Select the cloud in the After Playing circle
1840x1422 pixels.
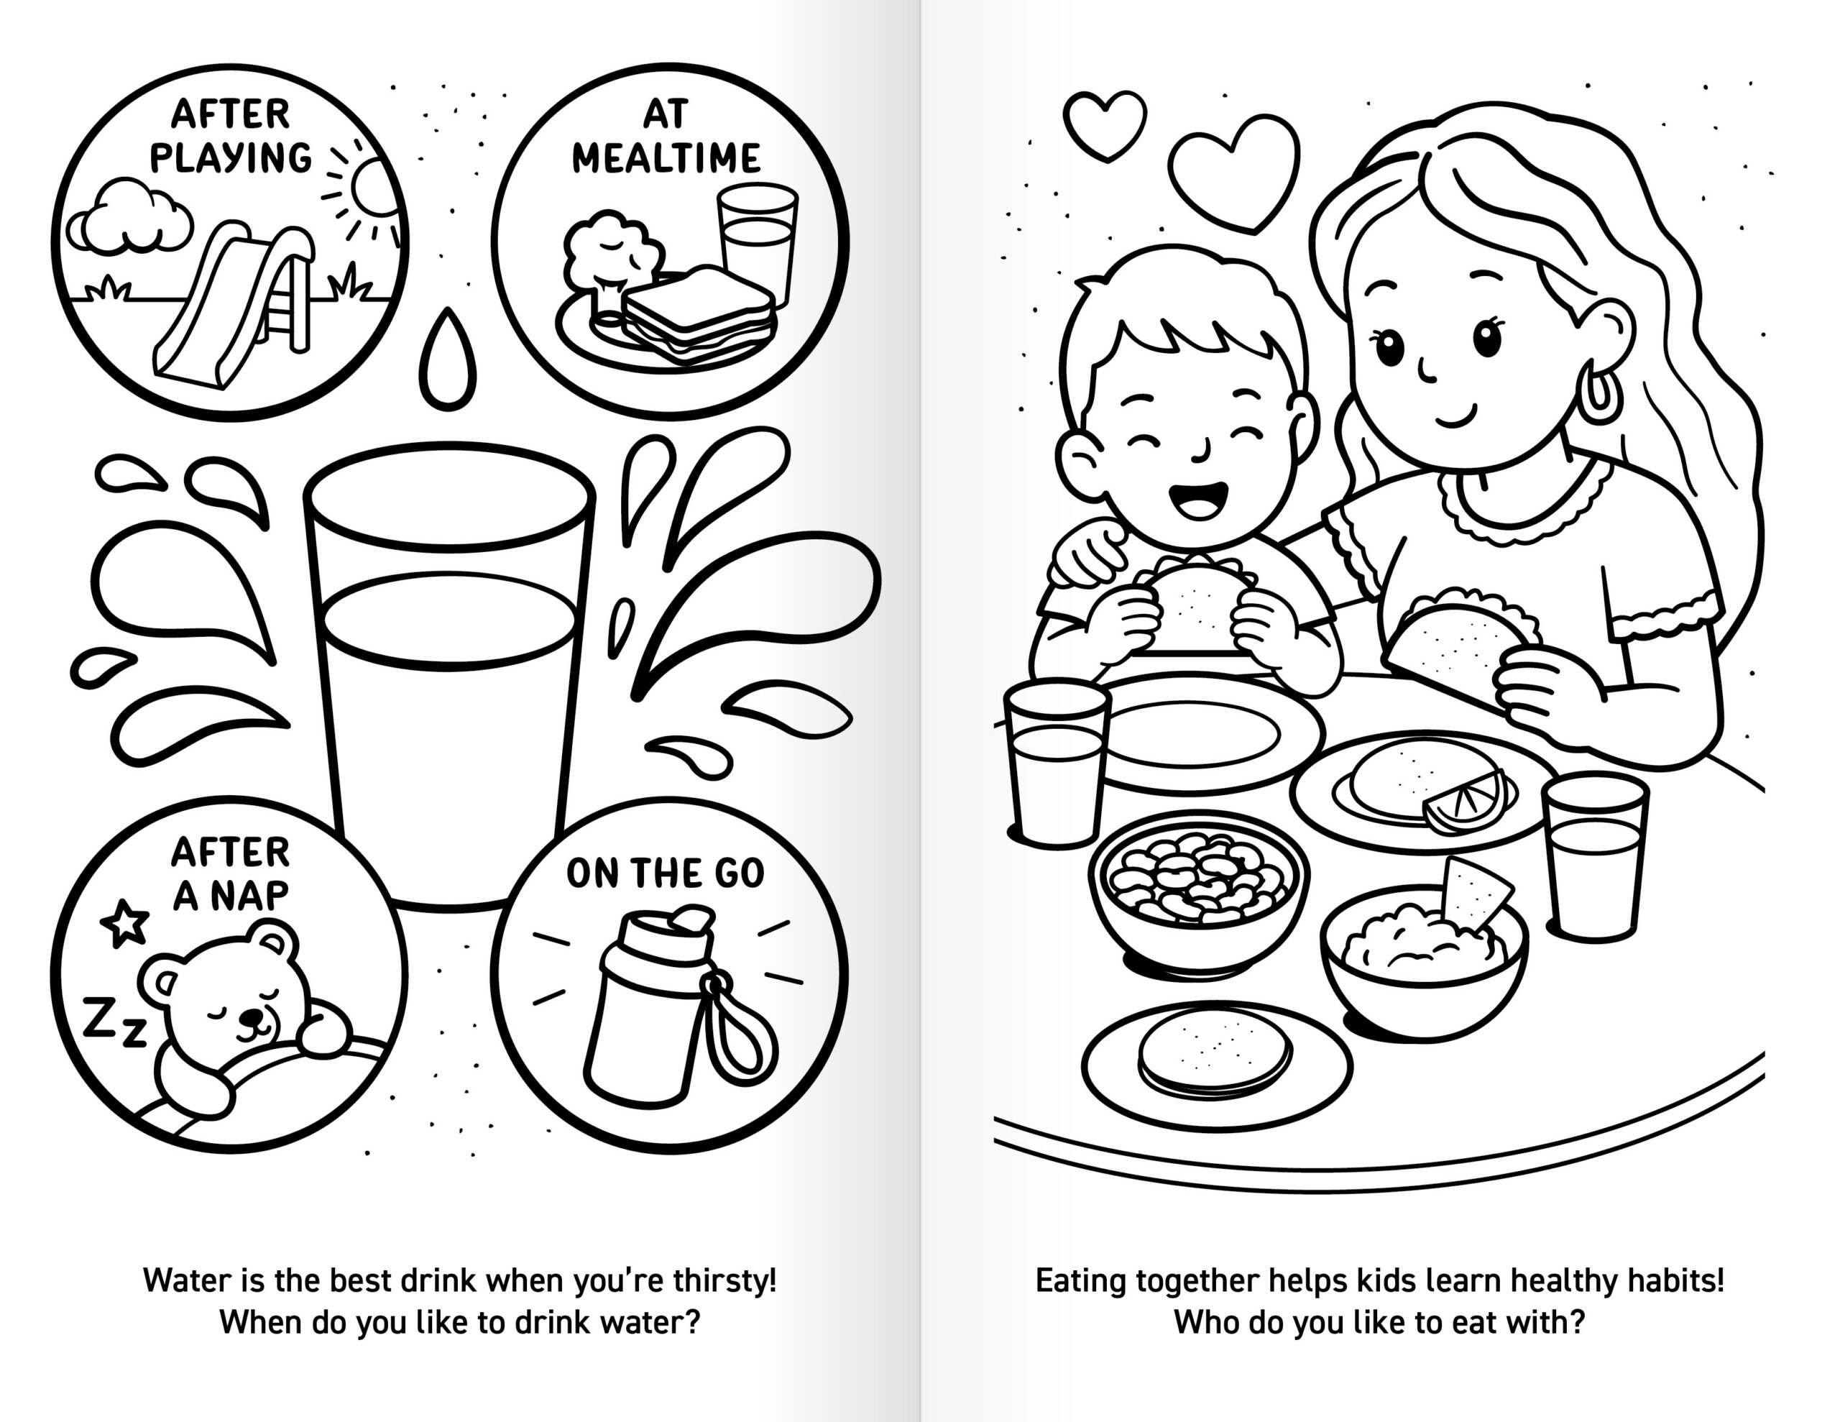pos(128,216)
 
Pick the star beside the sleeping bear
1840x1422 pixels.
pos(124,922)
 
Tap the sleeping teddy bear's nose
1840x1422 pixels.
pos(249,1015)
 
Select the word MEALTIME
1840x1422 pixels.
pos(666,157)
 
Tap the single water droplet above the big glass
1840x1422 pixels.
pos(447,359)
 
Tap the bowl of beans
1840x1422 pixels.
pos(1199,894)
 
